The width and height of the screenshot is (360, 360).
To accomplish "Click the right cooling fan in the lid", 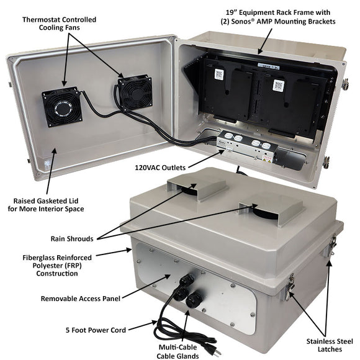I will (135, 93).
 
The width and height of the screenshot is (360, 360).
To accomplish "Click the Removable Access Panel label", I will (80, 299).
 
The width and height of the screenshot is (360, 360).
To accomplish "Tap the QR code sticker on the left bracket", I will (219, 74).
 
